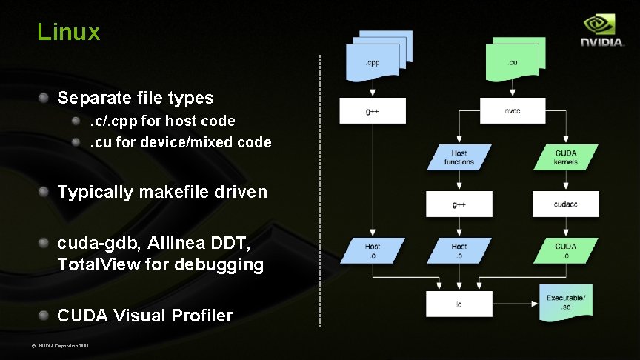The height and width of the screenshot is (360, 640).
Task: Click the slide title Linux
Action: pyautogui.click(x=68, y=32)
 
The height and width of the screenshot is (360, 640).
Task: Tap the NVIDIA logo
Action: pyautogui.click(x=601, y=33)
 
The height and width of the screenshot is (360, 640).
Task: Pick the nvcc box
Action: pyautogui.click(x=513, y=111)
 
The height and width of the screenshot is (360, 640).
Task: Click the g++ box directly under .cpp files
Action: pyautogui.click(x=373, y=111)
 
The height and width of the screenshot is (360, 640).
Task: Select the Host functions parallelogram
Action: pyautogui.click(x=459, y=158)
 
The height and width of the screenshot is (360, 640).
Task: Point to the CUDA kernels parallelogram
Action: pyautogui.click(x=566, y=158)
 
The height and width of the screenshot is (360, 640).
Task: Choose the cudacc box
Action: pyautogui.click(x=566, y=204)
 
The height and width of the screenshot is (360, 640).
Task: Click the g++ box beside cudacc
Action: pyautogui.click(x=459, y=204)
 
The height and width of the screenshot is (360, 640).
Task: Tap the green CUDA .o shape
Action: pyautogui.click(x=566, y=250)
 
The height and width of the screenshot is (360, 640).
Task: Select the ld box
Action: pyautogui.click(x=459, y=304)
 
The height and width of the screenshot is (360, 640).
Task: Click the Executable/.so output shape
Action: pyautogui.click(x=565, y=302)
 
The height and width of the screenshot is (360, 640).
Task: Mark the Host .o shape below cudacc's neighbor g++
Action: pyautogui.click(x=459, y=250)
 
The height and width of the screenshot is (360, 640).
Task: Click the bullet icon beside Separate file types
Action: pyautogui.click(x=46, y=97)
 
